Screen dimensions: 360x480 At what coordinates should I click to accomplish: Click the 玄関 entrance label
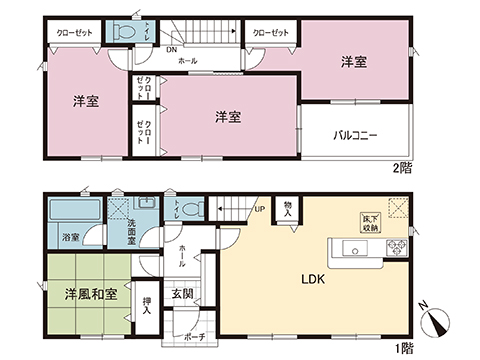(x=182, y=294)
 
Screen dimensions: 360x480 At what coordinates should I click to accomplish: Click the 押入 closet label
(x=147, y=302)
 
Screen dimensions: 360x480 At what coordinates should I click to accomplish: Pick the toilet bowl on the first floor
(x=198, y=210)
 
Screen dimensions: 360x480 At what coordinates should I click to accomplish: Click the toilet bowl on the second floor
(x=124, y=32)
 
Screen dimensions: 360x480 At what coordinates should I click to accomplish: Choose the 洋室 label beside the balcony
(x=352, y=62)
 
